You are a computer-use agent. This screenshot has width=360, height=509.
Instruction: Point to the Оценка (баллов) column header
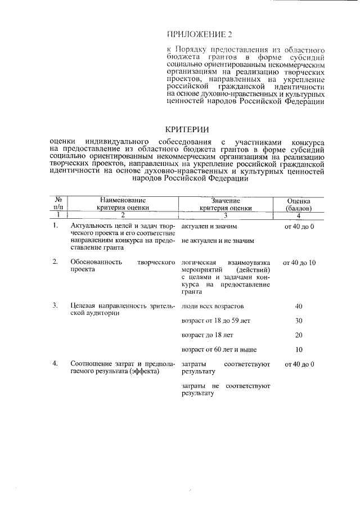(299, 204)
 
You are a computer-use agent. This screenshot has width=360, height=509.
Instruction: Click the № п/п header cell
(58, 204)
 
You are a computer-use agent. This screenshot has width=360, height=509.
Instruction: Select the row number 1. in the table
(55, 226)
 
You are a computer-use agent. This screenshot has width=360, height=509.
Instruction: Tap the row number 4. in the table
(55, 364)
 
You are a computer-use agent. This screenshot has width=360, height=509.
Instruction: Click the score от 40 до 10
(299, 263)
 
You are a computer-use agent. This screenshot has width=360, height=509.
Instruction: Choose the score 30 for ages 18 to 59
(299, 321)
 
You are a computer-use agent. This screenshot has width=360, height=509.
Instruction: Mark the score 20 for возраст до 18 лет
(299, 335)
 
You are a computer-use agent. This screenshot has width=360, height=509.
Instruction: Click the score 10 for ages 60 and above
(299, 349)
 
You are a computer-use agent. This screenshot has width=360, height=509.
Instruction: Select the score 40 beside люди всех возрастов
(299, 306)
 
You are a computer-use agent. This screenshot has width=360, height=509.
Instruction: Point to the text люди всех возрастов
(213, 306)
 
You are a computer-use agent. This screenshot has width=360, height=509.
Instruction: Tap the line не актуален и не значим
(218, 241)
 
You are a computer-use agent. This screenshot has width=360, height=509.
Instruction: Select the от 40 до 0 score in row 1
(299, 226)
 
